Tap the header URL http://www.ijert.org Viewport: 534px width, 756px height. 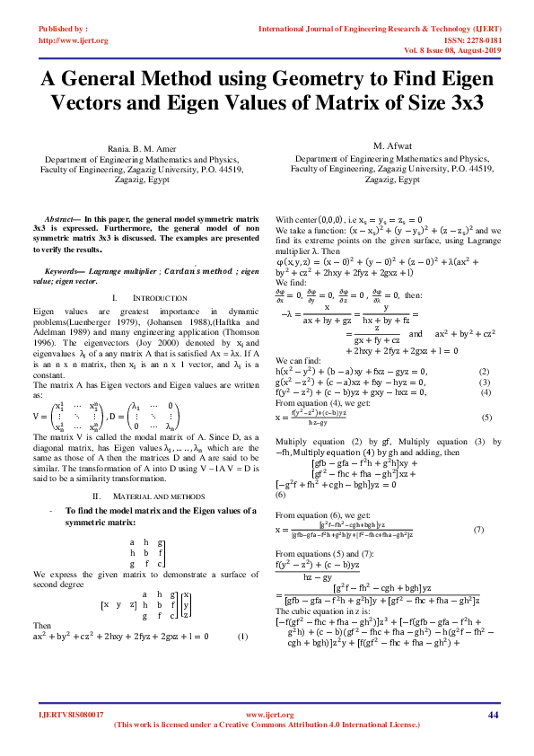point(73,40)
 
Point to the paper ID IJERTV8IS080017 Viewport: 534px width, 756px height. point(71,715)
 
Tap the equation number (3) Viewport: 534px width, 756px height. point(484,382)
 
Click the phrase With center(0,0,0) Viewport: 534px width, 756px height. point(306,219)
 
